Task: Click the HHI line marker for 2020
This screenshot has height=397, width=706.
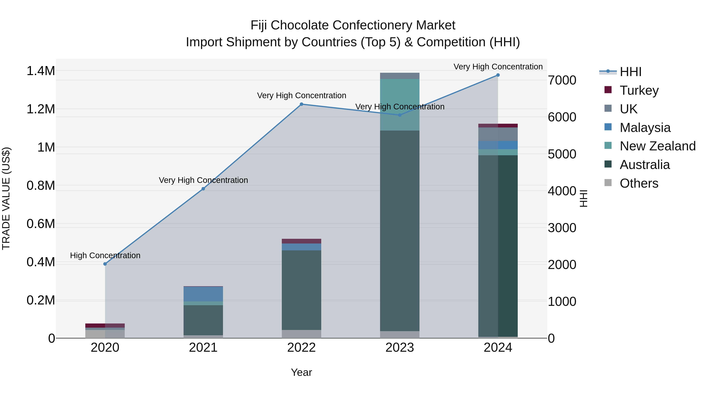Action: [x=105, y=264]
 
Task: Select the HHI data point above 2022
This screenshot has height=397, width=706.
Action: [x=301, y=104]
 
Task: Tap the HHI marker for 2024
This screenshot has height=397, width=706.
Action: [x=498, y=75]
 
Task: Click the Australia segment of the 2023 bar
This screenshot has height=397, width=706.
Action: [x=400, y=230]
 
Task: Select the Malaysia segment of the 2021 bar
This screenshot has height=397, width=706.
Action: [x=203, y=294]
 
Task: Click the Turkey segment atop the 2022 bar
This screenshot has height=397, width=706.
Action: [x=301, y=241]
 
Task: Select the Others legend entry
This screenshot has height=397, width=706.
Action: [x=639, y=183]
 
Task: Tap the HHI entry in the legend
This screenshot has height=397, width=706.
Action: [x=630, y=72]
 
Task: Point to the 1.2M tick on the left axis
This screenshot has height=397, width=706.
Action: [x=41, y=109]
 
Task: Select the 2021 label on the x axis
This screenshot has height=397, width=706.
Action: [x=203, y=348]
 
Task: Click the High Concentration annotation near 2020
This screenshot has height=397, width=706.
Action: [x=105, y=255]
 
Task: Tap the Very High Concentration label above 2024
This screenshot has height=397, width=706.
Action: [x=498, y=67]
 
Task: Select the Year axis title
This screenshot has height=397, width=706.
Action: [x=301, y=372]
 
